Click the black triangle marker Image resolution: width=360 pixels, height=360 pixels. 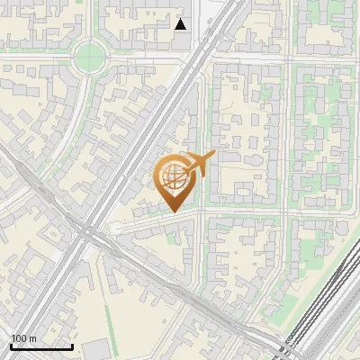tap(181, 24)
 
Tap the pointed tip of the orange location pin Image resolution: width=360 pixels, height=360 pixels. tap(173, 211)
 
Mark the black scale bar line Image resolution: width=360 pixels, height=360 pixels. tap(41, 346)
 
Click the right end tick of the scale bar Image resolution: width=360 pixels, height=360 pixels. tap(72, 345)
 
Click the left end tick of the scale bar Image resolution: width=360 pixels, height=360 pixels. tap(11, 345)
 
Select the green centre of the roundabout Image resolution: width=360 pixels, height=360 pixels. tap(91, 58)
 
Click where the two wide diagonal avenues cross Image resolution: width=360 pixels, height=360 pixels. tap(87, 233)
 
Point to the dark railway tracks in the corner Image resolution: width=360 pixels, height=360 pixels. tap(324, 306)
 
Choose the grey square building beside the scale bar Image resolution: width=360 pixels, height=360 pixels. tap(94, 349)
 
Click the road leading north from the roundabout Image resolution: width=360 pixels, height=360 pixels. tap(92, 22)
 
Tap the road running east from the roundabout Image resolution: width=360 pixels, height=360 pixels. tap(144, 58)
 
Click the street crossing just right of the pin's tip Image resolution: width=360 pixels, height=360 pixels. tap(200, 212)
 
